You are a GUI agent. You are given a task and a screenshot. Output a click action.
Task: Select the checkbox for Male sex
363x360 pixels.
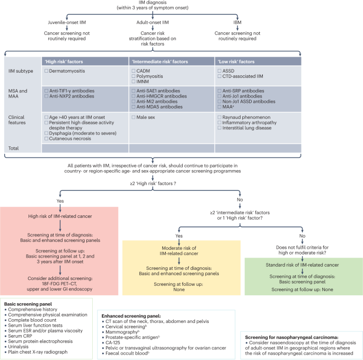(x=134, y=116)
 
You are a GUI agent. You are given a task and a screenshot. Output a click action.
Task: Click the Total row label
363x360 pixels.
(x=14, y=148)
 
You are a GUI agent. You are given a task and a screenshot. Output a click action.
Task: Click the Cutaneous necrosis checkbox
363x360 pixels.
(x=46, y=138)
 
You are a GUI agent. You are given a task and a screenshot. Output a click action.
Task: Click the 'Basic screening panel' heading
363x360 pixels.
(x=25, y=304)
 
